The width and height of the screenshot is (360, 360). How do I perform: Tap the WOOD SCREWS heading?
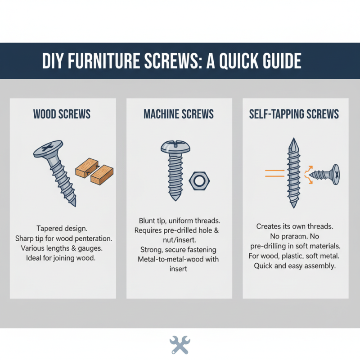[x=63, y=114]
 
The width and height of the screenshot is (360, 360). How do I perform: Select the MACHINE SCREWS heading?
[x=180, y=114]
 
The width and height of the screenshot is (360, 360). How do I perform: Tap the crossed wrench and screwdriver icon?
[x=180, y=345]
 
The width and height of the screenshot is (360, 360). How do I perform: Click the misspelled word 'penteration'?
[x=92, y=238]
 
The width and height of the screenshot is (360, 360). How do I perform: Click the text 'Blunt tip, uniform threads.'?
[x=179, y=221]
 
